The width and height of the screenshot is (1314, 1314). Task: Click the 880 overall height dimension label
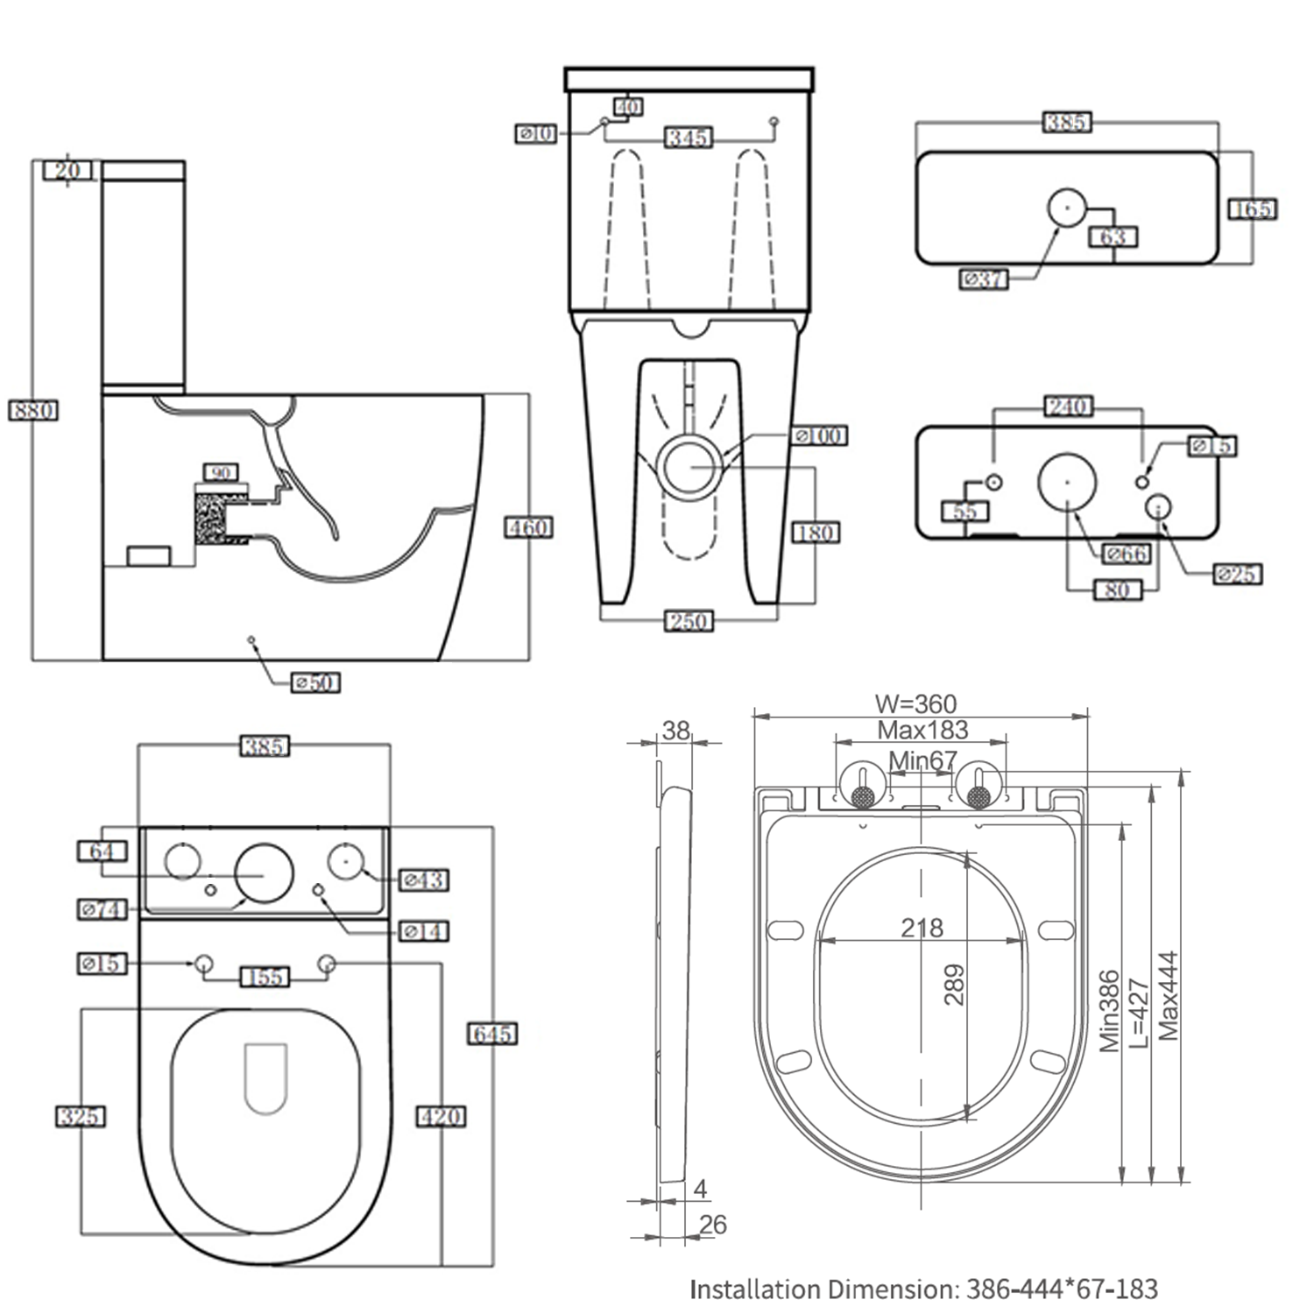[x=33, y=410]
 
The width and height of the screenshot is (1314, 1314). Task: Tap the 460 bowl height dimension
[x=528, y=527]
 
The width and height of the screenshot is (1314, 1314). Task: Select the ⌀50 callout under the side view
[x=315, y=682]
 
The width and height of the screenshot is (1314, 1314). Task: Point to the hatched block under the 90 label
[x=210, y=518]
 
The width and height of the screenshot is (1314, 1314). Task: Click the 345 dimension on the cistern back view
[x=689, y=138]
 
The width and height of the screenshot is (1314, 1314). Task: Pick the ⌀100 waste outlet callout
[x=819, y=435]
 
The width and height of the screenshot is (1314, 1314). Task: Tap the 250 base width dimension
[x=689, y=621]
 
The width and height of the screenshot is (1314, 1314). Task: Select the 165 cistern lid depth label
[x=1252, y=209]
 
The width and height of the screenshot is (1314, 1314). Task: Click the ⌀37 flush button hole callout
[x=984, y=279]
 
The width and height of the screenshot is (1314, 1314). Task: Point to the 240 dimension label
[x=1068, y=406]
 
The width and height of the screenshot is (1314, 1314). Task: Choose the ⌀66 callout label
[x=1126, y=554]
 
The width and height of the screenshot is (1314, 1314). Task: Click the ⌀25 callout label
[x=1237, y=575]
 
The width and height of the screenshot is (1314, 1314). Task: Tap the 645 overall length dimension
[x=492, y=1034]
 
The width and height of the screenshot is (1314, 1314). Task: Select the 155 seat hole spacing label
[x=265, y=977]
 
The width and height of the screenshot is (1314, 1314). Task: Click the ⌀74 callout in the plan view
[x=102, y=909]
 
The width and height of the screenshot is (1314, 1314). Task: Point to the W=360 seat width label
[x=915, y=703]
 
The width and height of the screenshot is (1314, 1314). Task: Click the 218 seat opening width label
[x=922, y=928]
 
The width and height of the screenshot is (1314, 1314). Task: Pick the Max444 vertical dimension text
[x=1169, y=996]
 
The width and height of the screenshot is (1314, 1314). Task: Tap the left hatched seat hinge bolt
[x=864, y=795]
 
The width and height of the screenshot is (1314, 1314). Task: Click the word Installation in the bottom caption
[x=754, y=1289]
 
